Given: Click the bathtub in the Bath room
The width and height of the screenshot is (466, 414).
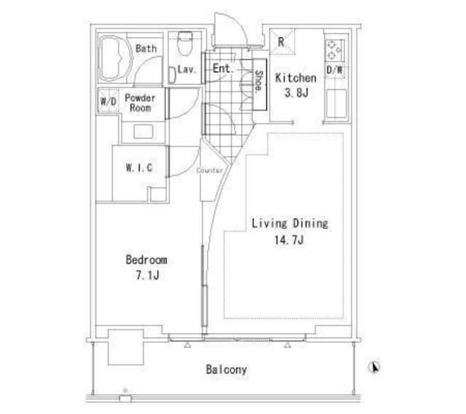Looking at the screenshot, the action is coord(116,58).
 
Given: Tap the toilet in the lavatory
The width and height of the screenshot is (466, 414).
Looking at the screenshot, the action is coord(184,44).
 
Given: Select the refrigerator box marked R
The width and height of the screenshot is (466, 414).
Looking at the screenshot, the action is coord(282,42).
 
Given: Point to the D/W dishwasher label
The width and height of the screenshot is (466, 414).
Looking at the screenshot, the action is coord(334,70).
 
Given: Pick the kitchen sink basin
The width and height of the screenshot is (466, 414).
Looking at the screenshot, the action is coord(336,103).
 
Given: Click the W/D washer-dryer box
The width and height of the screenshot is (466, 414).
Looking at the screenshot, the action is coord(108,100).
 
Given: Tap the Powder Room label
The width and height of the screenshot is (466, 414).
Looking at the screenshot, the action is coord(141,103).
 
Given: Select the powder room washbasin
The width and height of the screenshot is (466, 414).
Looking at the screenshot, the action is coord(143,132).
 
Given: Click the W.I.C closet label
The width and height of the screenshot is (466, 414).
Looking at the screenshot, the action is coord(139,168).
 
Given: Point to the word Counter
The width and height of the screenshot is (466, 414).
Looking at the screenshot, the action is coord(210,170).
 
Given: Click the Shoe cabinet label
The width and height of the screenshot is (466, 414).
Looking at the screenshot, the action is coord(259,81).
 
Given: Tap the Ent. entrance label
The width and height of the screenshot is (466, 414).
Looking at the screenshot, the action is coord(224,68).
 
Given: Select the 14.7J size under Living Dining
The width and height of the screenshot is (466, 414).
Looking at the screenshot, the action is coord(289,240).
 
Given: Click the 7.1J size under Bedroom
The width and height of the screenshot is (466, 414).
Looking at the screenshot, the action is coord(147,275).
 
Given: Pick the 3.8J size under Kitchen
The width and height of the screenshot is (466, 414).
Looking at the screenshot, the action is coord(296,93).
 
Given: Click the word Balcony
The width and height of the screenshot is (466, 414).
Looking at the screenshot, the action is coord(226,370).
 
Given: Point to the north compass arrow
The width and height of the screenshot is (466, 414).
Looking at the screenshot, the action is coord(374,367).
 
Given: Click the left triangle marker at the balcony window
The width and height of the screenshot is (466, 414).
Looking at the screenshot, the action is coord(187,345).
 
